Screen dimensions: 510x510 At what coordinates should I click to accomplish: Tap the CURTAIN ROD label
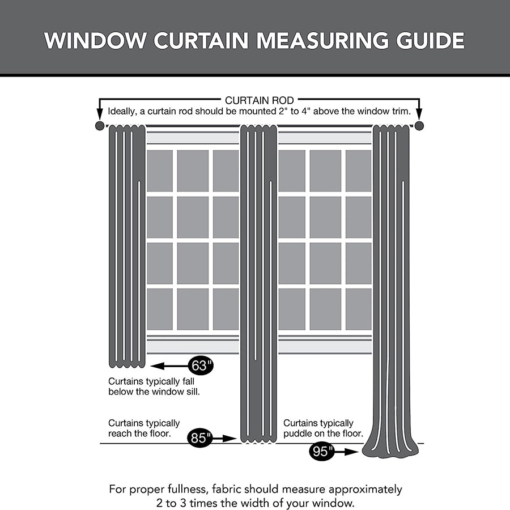(x=259, y=100)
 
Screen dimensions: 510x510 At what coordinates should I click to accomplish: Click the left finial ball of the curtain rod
(x=99, y=126)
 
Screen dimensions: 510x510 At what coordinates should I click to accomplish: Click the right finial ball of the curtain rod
(x=419, y=126)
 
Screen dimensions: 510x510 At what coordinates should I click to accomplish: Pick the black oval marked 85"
(x=199, y=437)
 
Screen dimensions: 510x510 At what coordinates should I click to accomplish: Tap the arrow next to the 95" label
(x=348, y=452)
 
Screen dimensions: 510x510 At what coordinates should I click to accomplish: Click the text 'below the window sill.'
(x=154, y=392)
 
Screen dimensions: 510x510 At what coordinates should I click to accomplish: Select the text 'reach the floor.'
(x=139, y=433)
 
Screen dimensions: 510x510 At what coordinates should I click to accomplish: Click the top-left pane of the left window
(x=160, y=171)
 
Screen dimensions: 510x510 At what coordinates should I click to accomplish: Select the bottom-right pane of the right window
(x=358, y=309)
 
